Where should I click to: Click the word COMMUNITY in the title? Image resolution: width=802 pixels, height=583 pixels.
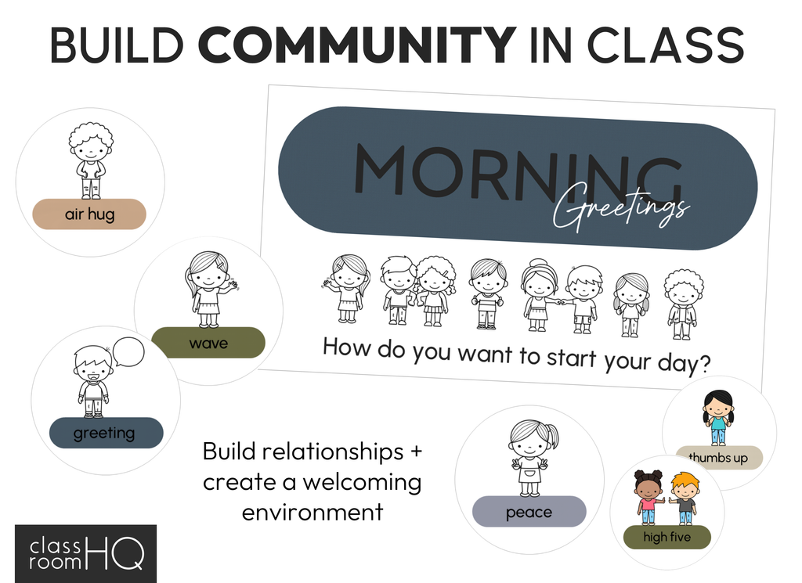coord(356,45)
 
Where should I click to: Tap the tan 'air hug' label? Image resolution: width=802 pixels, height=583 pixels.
coord(89,214)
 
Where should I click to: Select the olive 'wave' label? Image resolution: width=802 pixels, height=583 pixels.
coord(208,342)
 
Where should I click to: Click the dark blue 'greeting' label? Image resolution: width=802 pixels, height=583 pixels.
coord(107,433)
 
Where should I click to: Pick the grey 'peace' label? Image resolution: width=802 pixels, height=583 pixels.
coord(529,512)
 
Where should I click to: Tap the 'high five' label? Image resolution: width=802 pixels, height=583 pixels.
coord(667,537)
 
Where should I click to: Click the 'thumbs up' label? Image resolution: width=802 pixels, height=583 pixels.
coord(719,457)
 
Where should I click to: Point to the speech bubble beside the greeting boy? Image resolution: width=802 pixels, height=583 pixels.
coord(128,351)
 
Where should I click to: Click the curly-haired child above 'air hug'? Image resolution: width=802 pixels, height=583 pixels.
coord(91,160)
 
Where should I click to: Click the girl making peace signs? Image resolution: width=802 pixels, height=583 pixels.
coord(533,458)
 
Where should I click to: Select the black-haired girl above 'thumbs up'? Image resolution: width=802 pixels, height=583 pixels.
coord(718,417)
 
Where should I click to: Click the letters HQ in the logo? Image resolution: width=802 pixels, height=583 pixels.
coord(115,552)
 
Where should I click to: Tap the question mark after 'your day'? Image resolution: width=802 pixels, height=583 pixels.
coord(704,365)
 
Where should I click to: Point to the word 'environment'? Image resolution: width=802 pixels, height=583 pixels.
coord(312,512)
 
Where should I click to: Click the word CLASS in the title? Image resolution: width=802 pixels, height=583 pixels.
coord(665,45)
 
